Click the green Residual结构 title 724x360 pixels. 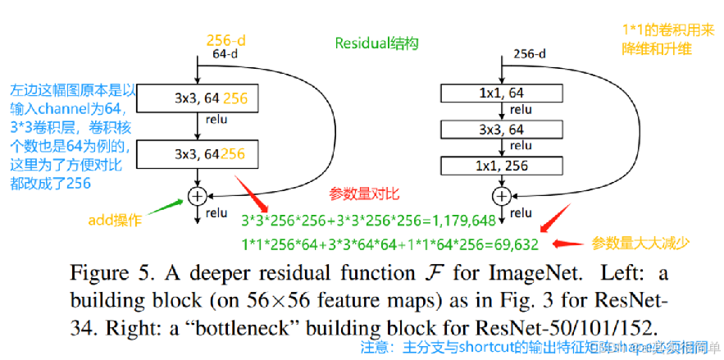tap(371, 42)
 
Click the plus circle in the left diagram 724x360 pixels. tap(197, 196)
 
